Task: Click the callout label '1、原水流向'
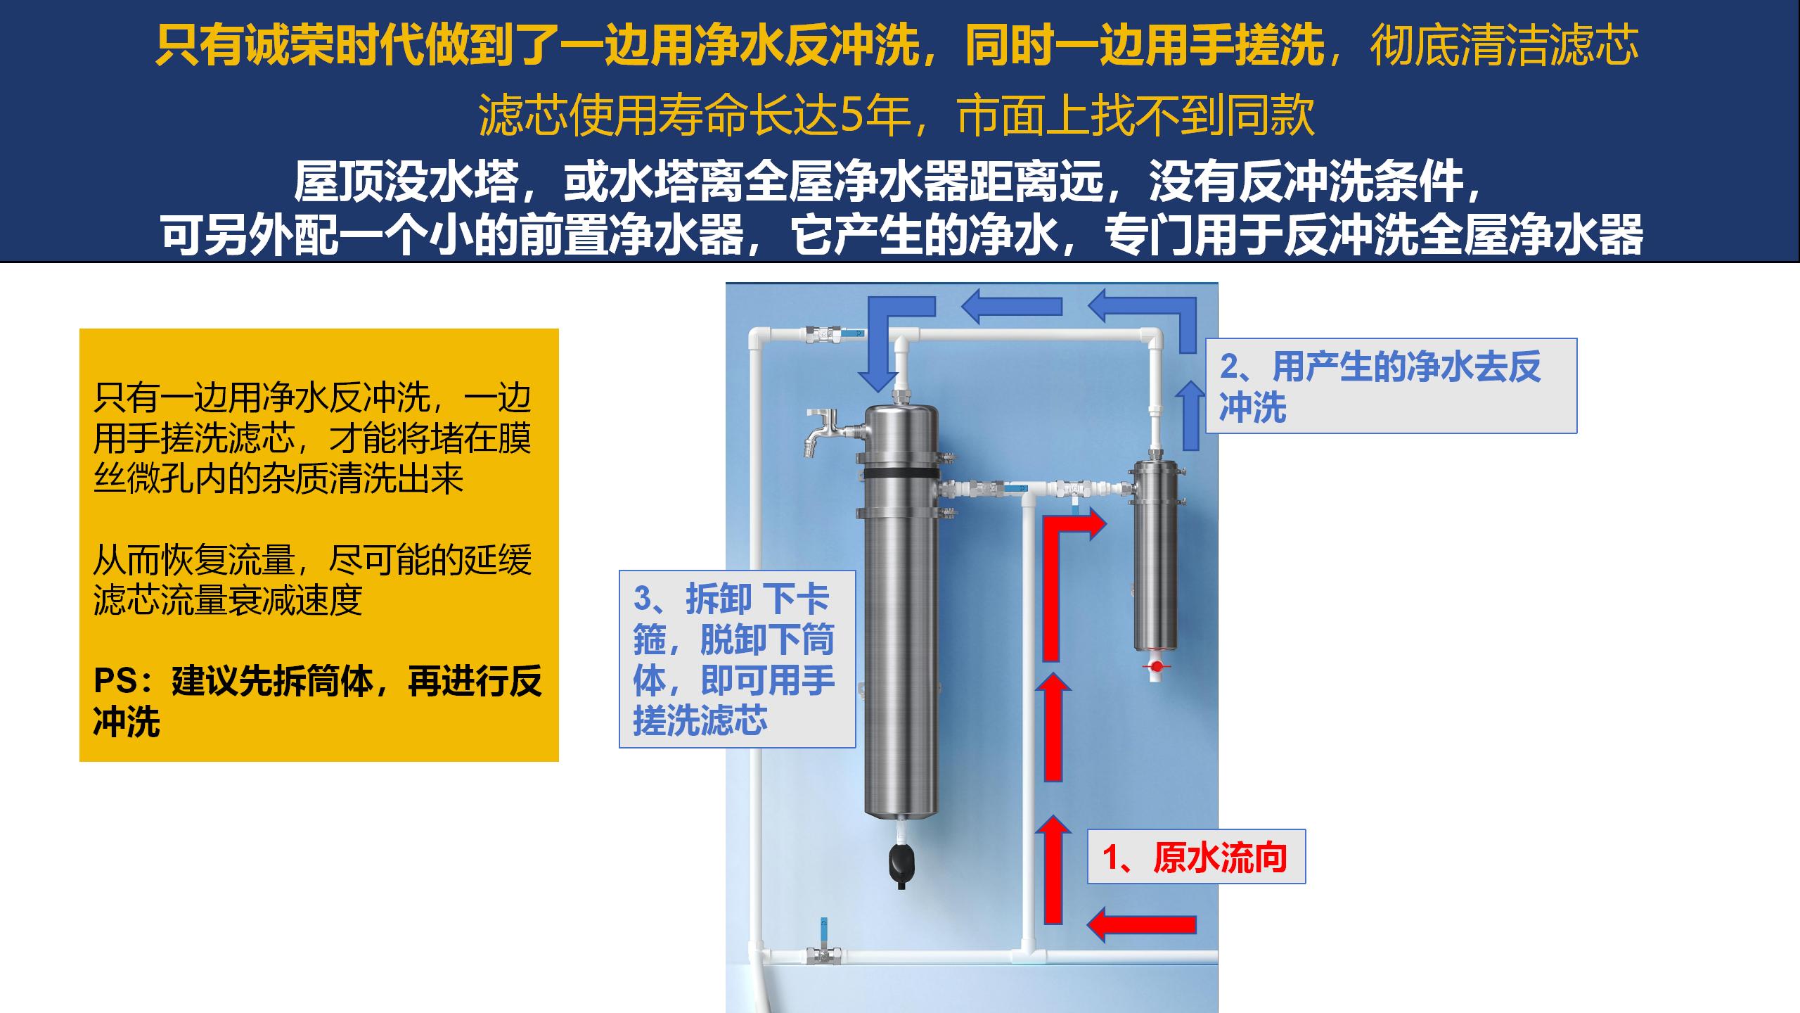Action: pyautogui.click(x=1196, y=857)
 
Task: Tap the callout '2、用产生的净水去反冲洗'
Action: pyautogui.click(x=1391, y=386)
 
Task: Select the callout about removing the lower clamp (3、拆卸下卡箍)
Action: pyautogui.click(x=737, y=658)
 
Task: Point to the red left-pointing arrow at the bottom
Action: pyautogui.click(x=1141, y=923)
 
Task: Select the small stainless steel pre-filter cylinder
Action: pyautogui.click(x=1155, y=556)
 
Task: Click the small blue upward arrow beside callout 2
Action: pyautogui.click(x=1190, y=415)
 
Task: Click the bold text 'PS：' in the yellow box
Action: pyautogui.click(x=129, y=681)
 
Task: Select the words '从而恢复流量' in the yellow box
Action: pyautogui.click(x=193, y=560)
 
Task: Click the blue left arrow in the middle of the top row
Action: pyautogui.click(x=1011, y=307)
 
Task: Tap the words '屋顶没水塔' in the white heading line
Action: pyautogui.click(x=406, y=181)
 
